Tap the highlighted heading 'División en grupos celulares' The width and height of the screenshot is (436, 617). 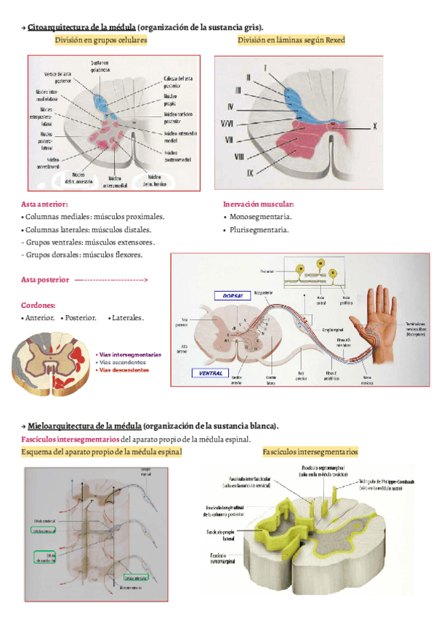tap(101, 41)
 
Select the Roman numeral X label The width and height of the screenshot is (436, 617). tap(376, 126)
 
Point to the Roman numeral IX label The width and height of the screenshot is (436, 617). tap(250, 172)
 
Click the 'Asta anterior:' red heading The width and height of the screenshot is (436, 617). tap(44, 204)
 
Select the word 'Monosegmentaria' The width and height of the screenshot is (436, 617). tap(261, 217)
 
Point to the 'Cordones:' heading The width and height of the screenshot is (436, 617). tap(39, 306)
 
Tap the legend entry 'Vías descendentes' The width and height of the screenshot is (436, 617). tap(129, 370)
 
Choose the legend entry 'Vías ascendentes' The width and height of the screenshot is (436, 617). tap(128, 362)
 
